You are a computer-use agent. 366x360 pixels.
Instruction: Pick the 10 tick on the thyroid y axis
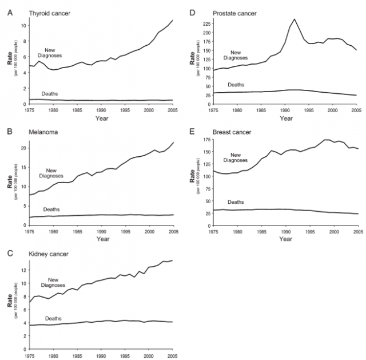click(23, 25)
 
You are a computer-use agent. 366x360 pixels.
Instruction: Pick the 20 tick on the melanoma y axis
click(23, 148)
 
